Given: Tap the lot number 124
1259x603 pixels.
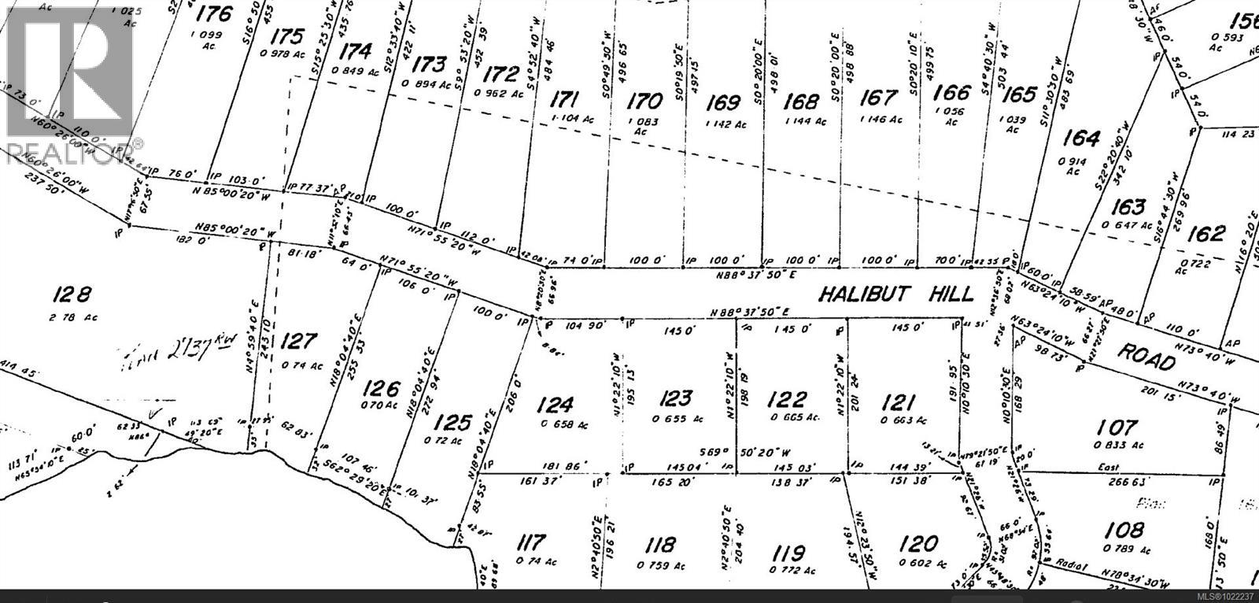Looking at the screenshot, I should click(x=556, y=405).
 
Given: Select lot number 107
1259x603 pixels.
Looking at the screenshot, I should click(x=1117, y=427).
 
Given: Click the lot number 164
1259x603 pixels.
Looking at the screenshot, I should click(x=1081, y=139).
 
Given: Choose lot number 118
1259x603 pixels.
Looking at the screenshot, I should click(x=659, y=545).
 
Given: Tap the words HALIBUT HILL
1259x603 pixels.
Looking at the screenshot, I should click(x=896, y=294).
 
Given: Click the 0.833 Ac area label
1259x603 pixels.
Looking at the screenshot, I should click(x=1117, y=446).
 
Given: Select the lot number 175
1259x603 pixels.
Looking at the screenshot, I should click(x=286, y=37).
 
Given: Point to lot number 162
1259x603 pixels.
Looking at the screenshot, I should click(x=1206, y=233).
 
